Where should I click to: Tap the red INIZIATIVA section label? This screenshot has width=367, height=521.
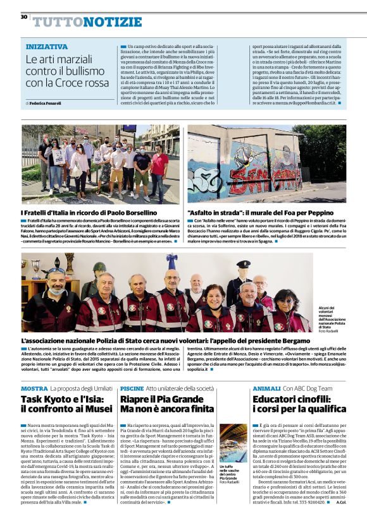pyautogui.click(x=47, y=47)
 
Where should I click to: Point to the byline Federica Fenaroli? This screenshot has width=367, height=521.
pyautogui.click(x=46, y=103)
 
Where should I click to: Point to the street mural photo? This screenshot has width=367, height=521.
pyautogui.click(x=266, y=164)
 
